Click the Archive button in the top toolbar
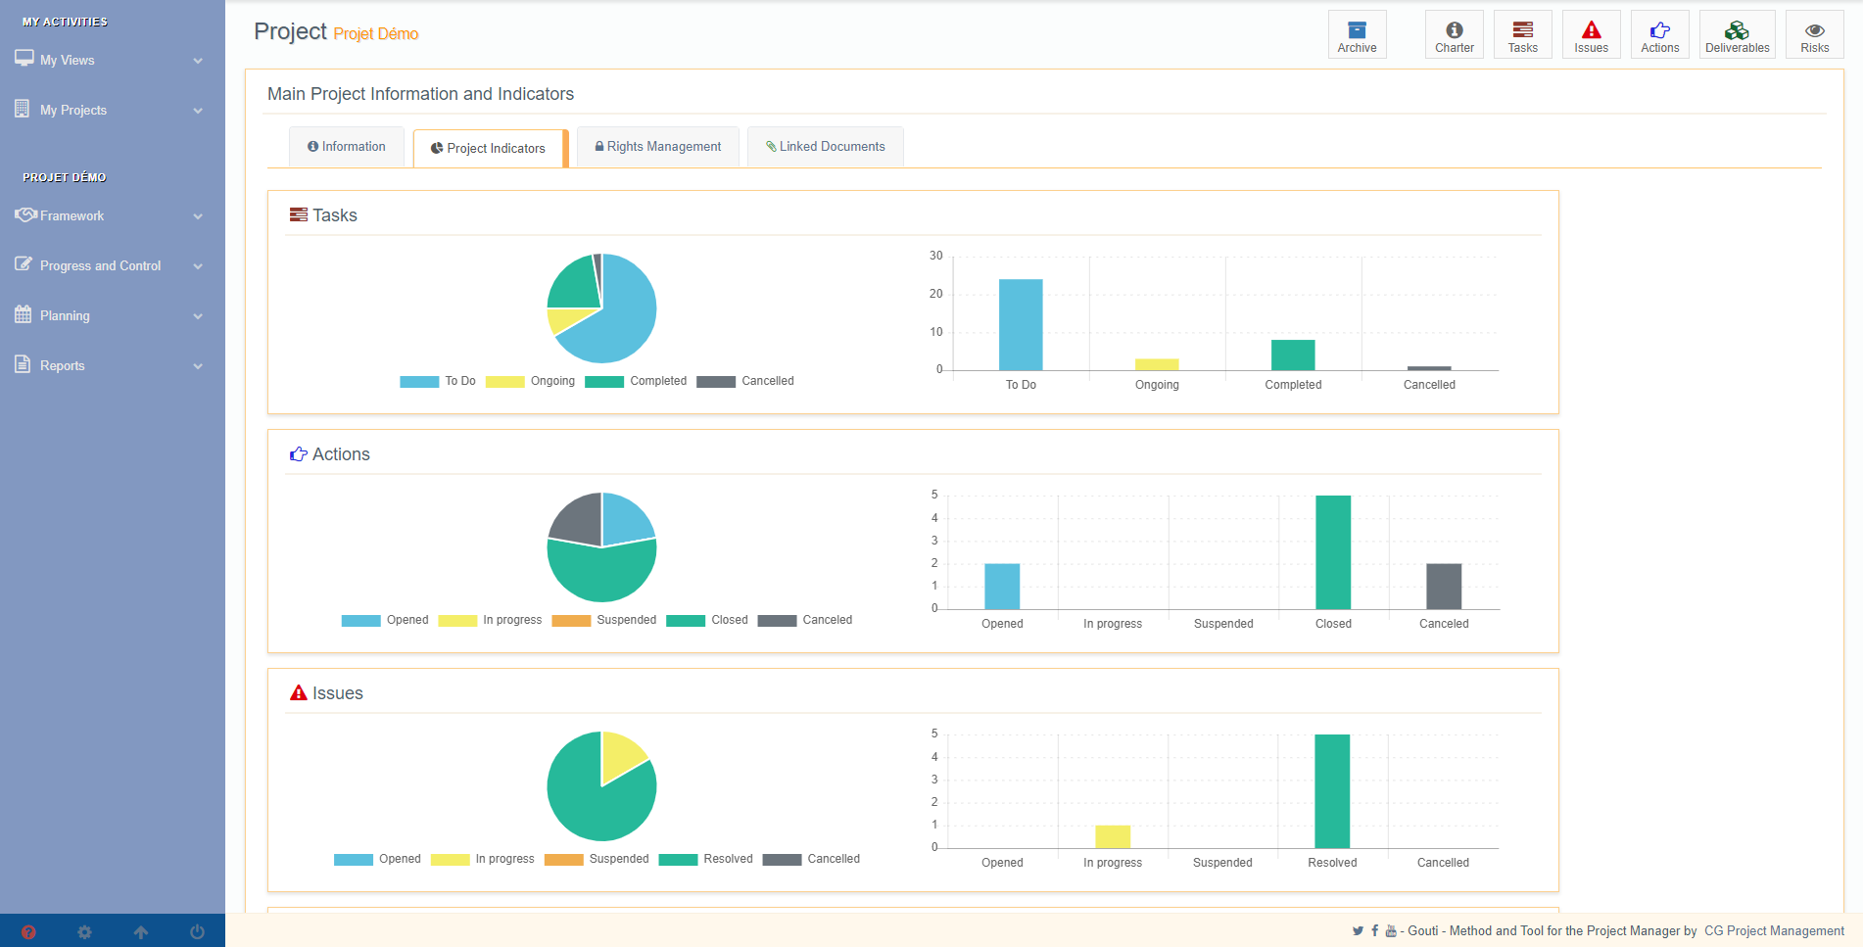pyautogui.click(x=1357, y=35)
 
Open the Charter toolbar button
pyautogui.click(x=1455, y=35)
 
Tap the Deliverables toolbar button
pyautogui.click(x=1737, y=35)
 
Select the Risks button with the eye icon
pyautogui.click(x=1814, y=35)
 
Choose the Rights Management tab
pyautogui.click(x=658, y=147)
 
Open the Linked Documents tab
pyautogui.click(x=826, y=147)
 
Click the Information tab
pyautogui.click(x=347, y=147)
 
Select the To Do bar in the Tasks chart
pyautogui.click(x=1021, y=324)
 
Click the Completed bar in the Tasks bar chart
pyautogui.click(x=1293, y=355)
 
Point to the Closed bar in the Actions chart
pyautogui.click(x=1333, y=552)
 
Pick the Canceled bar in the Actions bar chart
pyautogui.click(x=1444, y=587)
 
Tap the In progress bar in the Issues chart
pyautogui.click(x=1113, y=836)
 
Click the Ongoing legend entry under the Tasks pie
pyautogui.click(x=531, y=381)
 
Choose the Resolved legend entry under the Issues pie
pyautogui.click(x=706, y=859)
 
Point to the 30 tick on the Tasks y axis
pyautogui.click(x=936, y=256)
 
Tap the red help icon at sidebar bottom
pyautogui.click(x=28, y=932)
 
